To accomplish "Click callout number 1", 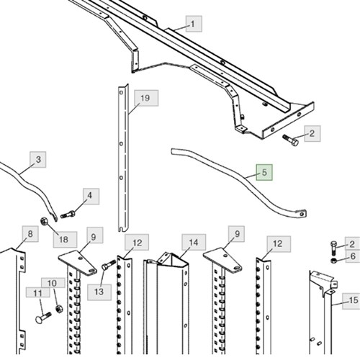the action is (x=194, y=24).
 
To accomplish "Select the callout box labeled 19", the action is (x=146, y=98).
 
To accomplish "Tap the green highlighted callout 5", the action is (x=264, y=172).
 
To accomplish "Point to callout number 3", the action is (x=38, y=159).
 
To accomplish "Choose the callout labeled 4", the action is (x=91, y=196).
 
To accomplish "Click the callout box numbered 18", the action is (x=65, y=240).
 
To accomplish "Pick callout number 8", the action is (x=30, y=234).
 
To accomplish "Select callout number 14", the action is (x=194, y=243).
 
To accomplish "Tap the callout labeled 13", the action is (x=99, y=292).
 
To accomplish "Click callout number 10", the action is (x=53, y=283).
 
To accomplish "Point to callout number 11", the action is (x=38, y=292).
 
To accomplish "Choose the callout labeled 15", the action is (x=352, y=301).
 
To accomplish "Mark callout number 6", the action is (x=353, y=256).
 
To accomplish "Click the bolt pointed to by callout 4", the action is (x=68, y=214).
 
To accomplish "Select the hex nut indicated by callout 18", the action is (x=44, y=221).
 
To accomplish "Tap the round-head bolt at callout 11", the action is (x=43, y=318).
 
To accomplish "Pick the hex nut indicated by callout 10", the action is (x=58, y=308).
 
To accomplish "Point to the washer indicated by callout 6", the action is (x=333, y=261).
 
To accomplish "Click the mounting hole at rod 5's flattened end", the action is (x=302, y=214).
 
